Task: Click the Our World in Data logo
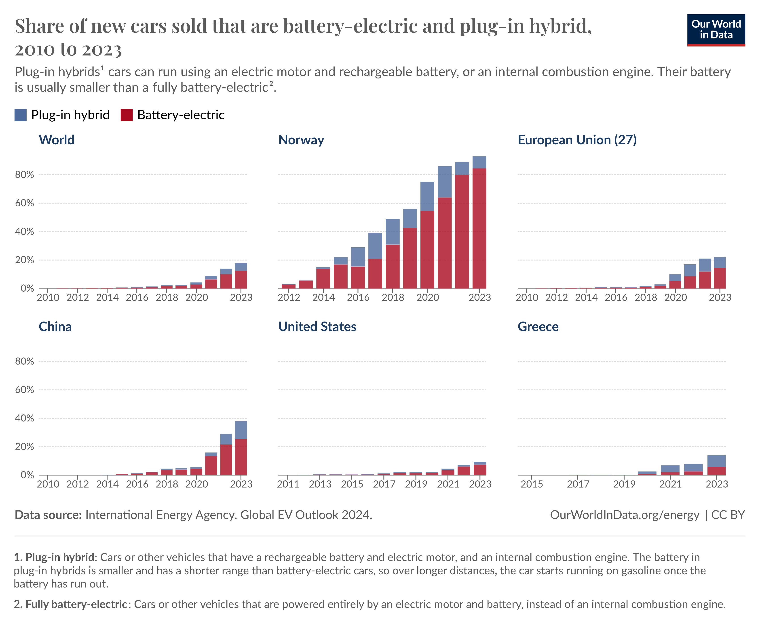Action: (x=716, y=30)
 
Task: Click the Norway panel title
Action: (x=301, y=140)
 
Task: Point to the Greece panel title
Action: (x=538, y=326)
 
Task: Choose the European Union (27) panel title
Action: (x=577, y=140)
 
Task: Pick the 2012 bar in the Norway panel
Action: (x=289, y=286)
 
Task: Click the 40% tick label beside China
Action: (x=25, y=418)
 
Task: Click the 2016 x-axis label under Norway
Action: (x=358, y=298)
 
